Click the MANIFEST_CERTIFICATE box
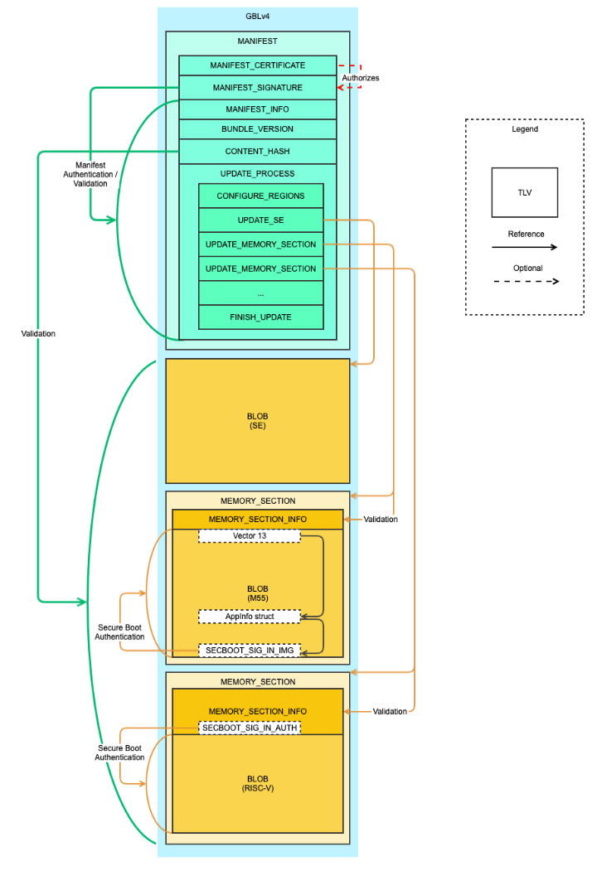coord(257,65)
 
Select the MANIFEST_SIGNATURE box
coord(257,87)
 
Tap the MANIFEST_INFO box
coord(257,109)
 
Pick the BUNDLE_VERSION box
coord(257,129)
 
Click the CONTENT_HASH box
coord(257,152)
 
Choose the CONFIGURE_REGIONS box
coord(260,196)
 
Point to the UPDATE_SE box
coord(260,220)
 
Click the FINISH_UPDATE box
coord(260,317)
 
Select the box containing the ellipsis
coord(260,293)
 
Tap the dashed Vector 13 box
coord(249,536)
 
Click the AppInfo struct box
coord(249,617)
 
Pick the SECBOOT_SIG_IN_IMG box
coord(249,651)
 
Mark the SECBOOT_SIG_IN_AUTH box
coord(249,727)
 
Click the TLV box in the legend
coord(524,192)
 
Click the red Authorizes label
coord(362,78)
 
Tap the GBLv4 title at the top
coord(257,16)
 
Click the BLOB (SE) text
coord(257,420)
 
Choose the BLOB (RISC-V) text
coord(257,783)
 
